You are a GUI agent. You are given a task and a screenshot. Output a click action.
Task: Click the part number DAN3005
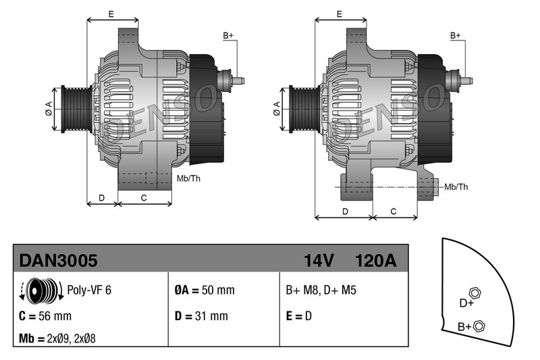point(59,260)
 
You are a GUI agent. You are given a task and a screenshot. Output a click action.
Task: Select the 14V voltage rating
point(319,260)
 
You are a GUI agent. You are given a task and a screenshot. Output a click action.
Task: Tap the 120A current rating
point(375,260)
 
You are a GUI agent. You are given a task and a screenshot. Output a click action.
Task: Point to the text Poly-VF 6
point(89,290)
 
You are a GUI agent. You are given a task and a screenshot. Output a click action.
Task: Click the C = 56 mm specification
point(45,315)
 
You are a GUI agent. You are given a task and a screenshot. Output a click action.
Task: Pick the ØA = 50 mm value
point(205,290)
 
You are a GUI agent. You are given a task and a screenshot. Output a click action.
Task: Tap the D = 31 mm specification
point(201,315)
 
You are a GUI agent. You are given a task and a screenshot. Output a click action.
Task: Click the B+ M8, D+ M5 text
point(321,290)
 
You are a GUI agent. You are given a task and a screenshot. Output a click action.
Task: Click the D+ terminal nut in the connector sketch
point(474,292)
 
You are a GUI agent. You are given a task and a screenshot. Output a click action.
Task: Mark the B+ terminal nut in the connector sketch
point(479,326)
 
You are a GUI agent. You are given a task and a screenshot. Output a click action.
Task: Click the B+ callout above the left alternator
point(228,35)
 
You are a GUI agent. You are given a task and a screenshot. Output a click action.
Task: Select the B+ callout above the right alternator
point(456,35)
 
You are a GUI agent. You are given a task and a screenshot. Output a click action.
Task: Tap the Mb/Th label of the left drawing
point(188,178)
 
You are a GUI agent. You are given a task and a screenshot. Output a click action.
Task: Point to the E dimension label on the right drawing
point(340,14)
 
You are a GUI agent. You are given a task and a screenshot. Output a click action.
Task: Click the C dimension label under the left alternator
point(144,197)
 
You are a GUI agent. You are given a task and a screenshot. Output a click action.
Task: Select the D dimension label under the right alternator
point(345,211)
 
